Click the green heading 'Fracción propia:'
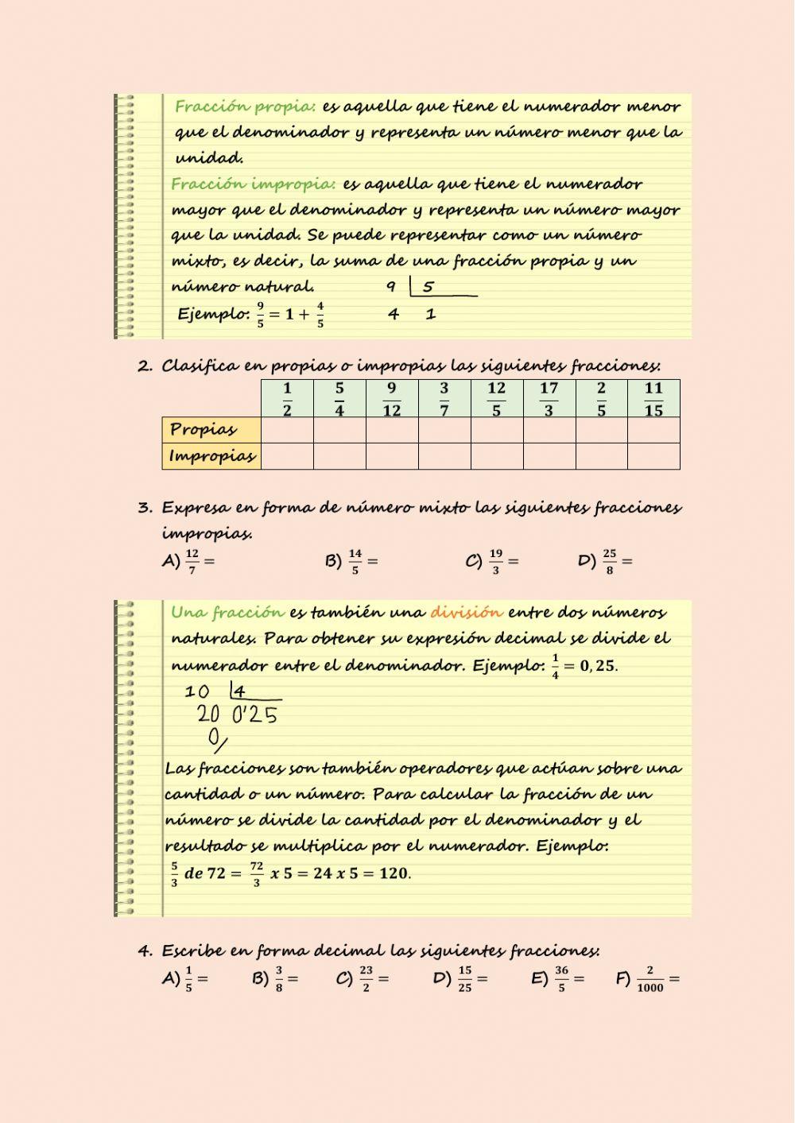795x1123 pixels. [245, 106]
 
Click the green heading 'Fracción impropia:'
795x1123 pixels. [253, 184]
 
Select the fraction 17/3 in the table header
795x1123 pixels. [549, 399]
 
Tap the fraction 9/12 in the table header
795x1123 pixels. [391, 399]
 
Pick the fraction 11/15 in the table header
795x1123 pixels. [653, 399]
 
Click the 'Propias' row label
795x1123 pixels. [204, 430]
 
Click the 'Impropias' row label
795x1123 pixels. [211, 456]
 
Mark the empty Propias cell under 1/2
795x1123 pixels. [287, 430]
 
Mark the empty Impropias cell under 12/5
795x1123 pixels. [497, 456]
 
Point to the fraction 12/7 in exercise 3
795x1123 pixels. [192, 561]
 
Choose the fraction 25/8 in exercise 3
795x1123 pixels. [609, 561]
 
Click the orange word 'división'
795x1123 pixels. [466, 613]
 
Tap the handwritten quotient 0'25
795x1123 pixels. [254, 716]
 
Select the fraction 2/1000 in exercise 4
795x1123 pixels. [650, 978]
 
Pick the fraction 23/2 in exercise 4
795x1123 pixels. [366, 978]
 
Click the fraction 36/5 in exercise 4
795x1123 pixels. [561, 978]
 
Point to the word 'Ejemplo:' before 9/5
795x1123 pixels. [213, 314]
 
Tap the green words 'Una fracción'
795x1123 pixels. [227, 613]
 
